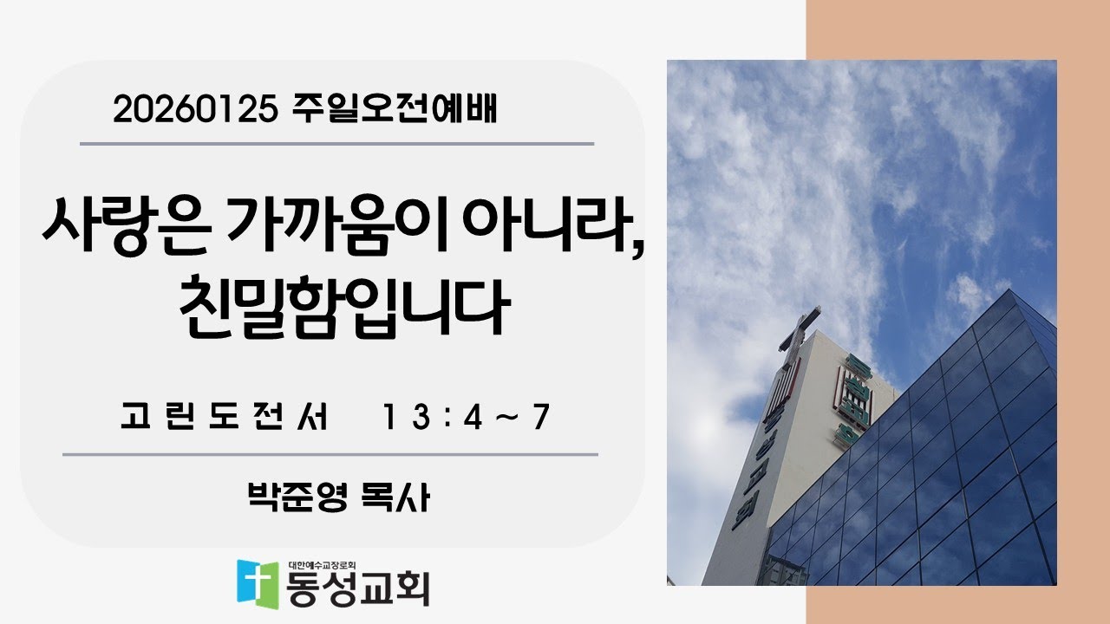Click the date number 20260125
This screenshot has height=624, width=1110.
pyautogui.click(x=193, y=110)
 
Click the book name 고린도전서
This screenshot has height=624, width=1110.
pyautogui.click(x=225, y=419)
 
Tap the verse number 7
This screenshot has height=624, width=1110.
pyautogui.click(x=542, y=419)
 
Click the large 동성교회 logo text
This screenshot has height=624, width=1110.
pyautogui.click(x=358, y=588)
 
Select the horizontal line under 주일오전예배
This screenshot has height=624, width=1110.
pyautogui.click(x=336, y=144)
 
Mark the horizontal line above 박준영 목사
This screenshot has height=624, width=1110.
pyautogui.click(x=330, y=454)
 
